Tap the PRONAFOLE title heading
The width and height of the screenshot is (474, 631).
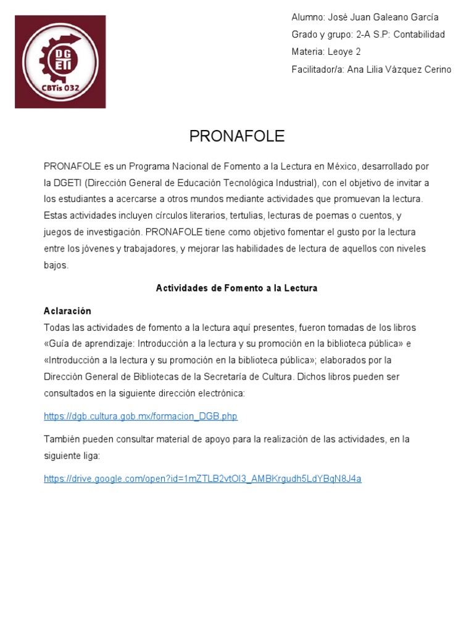237,137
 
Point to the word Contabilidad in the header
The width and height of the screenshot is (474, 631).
419,35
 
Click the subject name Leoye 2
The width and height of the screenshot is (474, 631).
345,52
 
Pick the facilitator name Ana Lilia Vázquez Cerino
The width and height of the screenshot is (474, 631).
399,70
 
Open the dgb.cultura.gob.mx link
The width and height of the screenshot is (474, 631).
141,417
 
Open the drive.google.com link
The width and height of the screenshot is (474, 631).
202,478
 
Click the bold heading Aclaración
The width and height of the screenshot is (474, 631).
67,311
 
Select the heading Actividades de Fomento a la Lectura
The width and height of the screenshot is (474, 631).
236,288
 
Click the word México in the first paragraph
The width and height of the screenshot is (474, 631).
339,166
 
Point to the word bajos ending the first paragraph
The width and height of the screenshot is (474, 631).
56,266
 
